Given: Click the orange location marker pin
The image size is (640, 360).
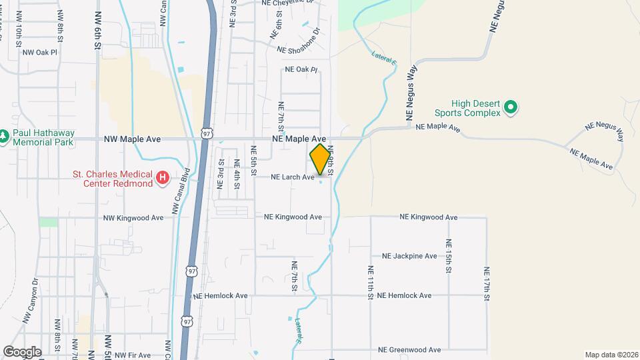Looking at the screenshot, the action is point(320,159).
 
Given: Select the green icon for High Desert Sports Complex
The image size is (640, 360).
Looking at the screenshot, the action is point(511,107).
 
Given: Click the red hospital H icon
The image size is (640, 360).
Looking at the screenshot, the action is point(162,178).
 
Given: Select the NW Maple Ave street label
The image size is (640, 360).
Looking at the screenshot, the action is point(133,139).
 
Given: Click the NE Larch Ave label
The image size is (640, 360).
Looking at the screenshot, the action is point(292,177).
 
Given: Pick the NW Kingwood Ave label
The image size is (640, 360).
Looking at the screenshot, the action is point(133,218).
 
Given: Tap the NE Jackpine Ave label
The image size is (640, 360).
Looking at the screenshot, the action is point(409,256).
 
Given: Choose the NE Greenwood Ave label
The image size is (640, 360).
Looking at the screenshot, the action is point(409,349).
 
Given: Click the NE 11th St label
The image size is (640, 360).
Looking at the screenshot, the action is point(370,283).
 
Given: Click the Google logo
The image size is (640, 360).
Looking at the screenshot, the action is point(22,351).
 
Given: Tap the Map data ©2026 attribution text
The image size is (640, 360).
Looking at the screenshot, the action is point(611,355).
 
